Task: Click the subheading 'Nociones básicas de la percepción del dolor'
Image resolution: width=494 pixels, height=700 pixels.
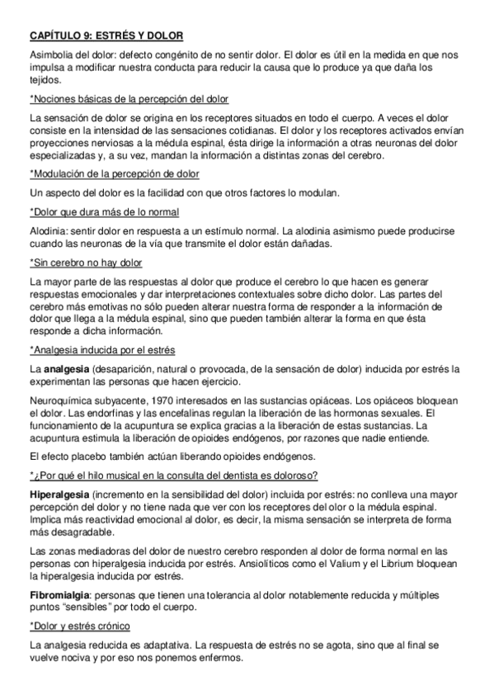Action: click(x=129, y=99)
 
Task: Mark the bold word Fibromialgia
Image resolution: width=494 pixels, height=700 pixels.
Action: click(x=61, y=594)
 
